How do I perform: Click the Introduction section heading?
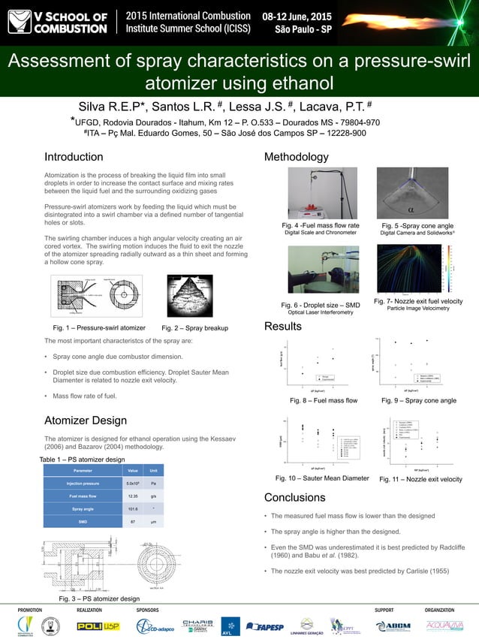pos(73,157)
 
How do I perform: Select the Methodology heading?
pos(296,157)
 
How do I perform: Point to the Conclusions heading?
pos(294,497)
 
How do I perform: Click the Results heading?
pos(283,327)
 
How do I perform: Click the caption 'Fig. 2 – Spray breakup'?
pos(194,328)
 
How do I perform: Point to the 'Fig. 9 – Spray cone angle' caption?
pos(418,400)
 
